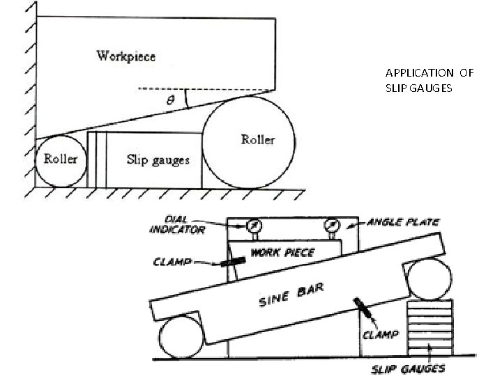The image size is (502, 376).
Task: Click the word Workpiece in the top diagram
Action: click(125, 55)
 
